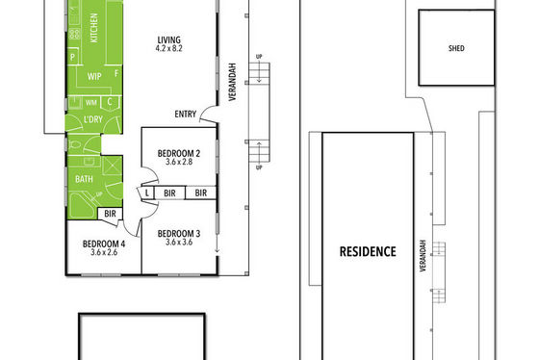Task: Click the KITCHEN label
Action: (x=93, y=28)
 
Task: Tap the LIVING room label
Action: (x=168, y=39)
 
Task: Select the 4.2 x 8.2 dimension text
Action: (x=168, y=48)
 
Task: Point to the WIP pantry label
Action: (x=94, y=76)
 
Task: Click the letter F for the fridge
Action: (x=116, y=73)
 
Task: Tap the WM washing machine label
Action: (x=91, y=103)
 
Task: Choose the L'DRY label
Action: (x=93, y=119)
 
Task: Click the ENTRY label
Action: (x=185, y=115)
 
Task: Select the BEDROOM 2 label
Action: (x=179, y=153)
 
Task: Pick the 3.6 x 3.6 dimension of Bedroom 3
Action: (x=179, y=242)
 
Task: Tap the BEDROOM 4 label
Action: (x=104, y=244)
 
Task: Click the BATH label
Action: (x=84, y=179)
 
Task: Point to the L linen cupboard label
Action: (x=147, y=193)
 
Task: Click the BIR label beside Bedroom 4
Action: (x=110, y=214)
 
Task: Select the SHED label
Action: (x=456, y=48)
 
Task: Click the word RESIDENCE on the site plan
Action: (x=368, y=251)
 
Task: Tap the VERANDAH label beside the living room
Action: (x=233, y=82)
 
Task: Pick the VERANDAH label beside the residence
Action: (x=423, y=255)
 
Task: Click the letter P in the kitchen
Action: (x=73, y=57)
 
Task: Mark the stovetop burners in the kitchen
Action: (x=75, y=34)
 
